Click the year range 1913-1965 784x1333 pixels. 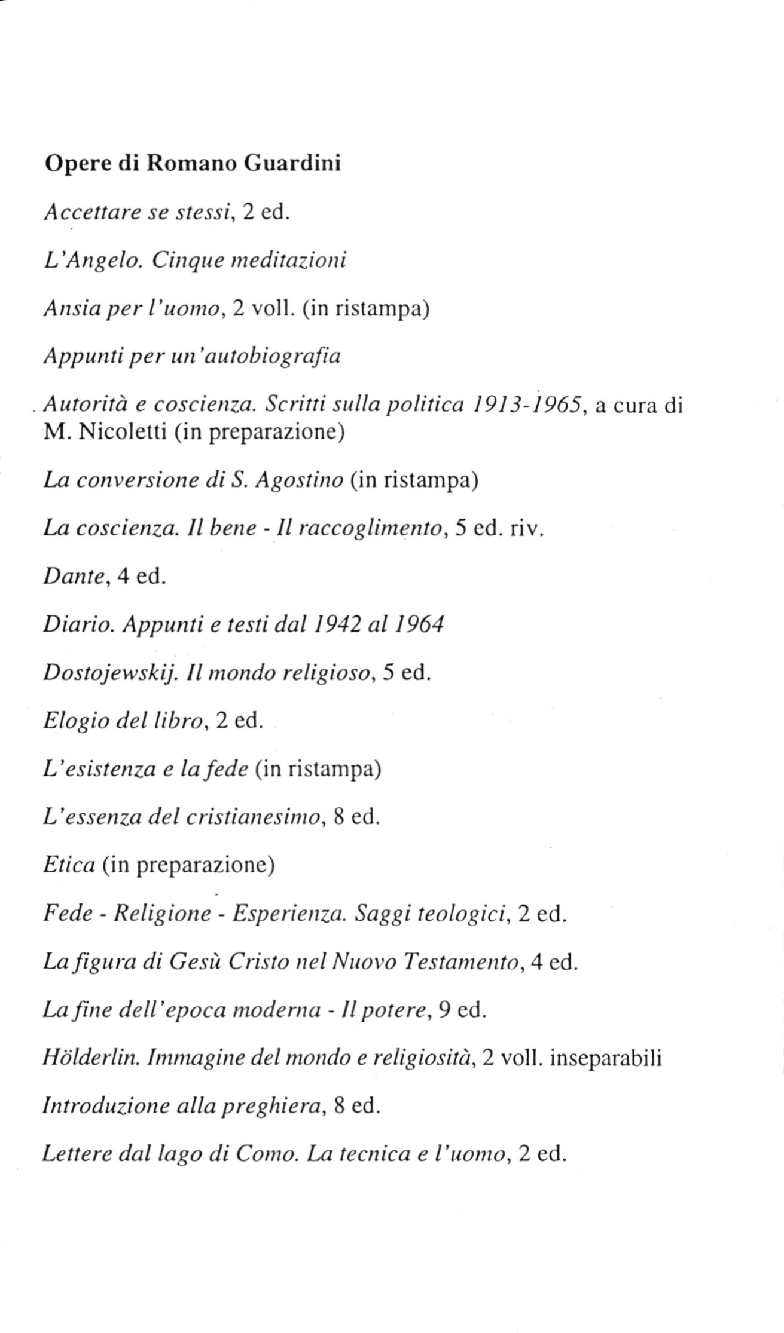(x=527, y=406)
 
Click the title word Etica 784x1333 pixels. (x=69, y=865)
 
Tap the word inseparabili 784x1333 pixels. (x=605, y=1058)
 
